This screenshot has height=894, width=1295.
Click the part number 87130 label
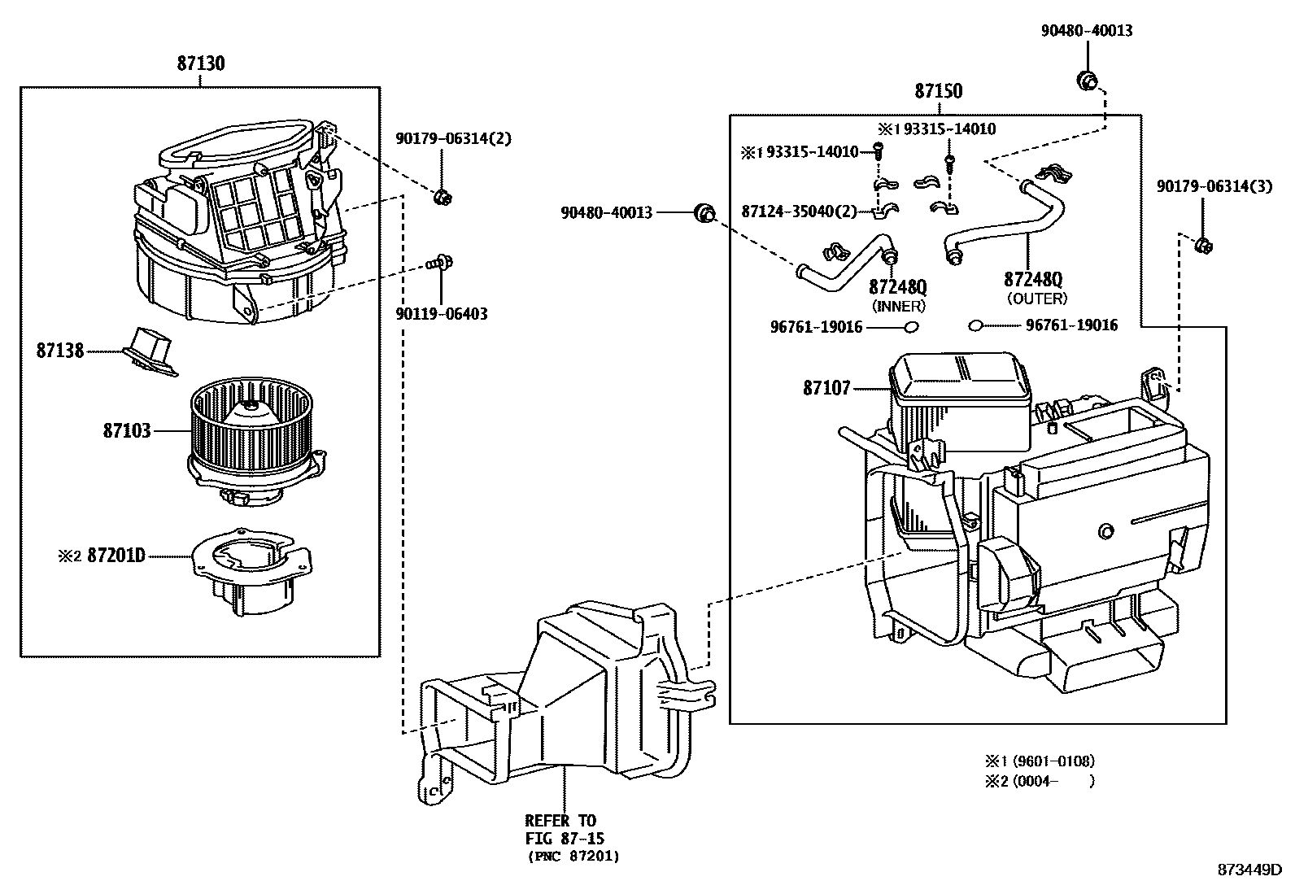[200, 63]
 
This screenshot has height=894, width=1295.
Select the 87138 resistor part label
[59, 351]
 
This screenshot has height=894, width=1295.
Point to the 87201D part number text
[116, 556]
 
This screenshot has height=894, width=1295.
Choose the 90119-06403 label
[442, 313]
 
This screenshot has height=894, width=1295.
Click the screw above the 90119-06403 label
[442, 262]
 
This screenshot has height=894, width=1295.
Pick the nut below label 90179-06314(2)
[443, 196]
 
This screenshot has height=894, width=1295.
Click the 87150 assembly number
[938, 90]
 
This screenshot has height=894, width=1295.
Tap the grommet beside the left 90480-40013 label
[704, 213]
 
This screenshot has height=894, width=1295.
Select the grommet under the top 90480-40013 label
[1087, 80]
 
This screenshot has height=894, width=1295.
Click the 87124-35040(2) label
[799, 212]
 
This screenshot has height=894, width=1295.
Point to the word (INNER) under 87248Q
[898, 306]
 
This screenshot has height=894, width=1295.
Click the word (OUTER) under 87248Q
[1036, 299]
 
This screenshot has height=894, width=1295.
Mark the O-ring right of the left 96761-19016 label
[911, 326]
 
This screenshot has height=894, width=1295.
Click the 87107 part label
[826, 388]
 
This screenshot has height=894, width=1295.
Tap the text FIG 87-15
[565, 838]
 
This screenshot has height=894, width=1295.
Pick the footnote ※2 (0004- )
[1040, 781]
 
